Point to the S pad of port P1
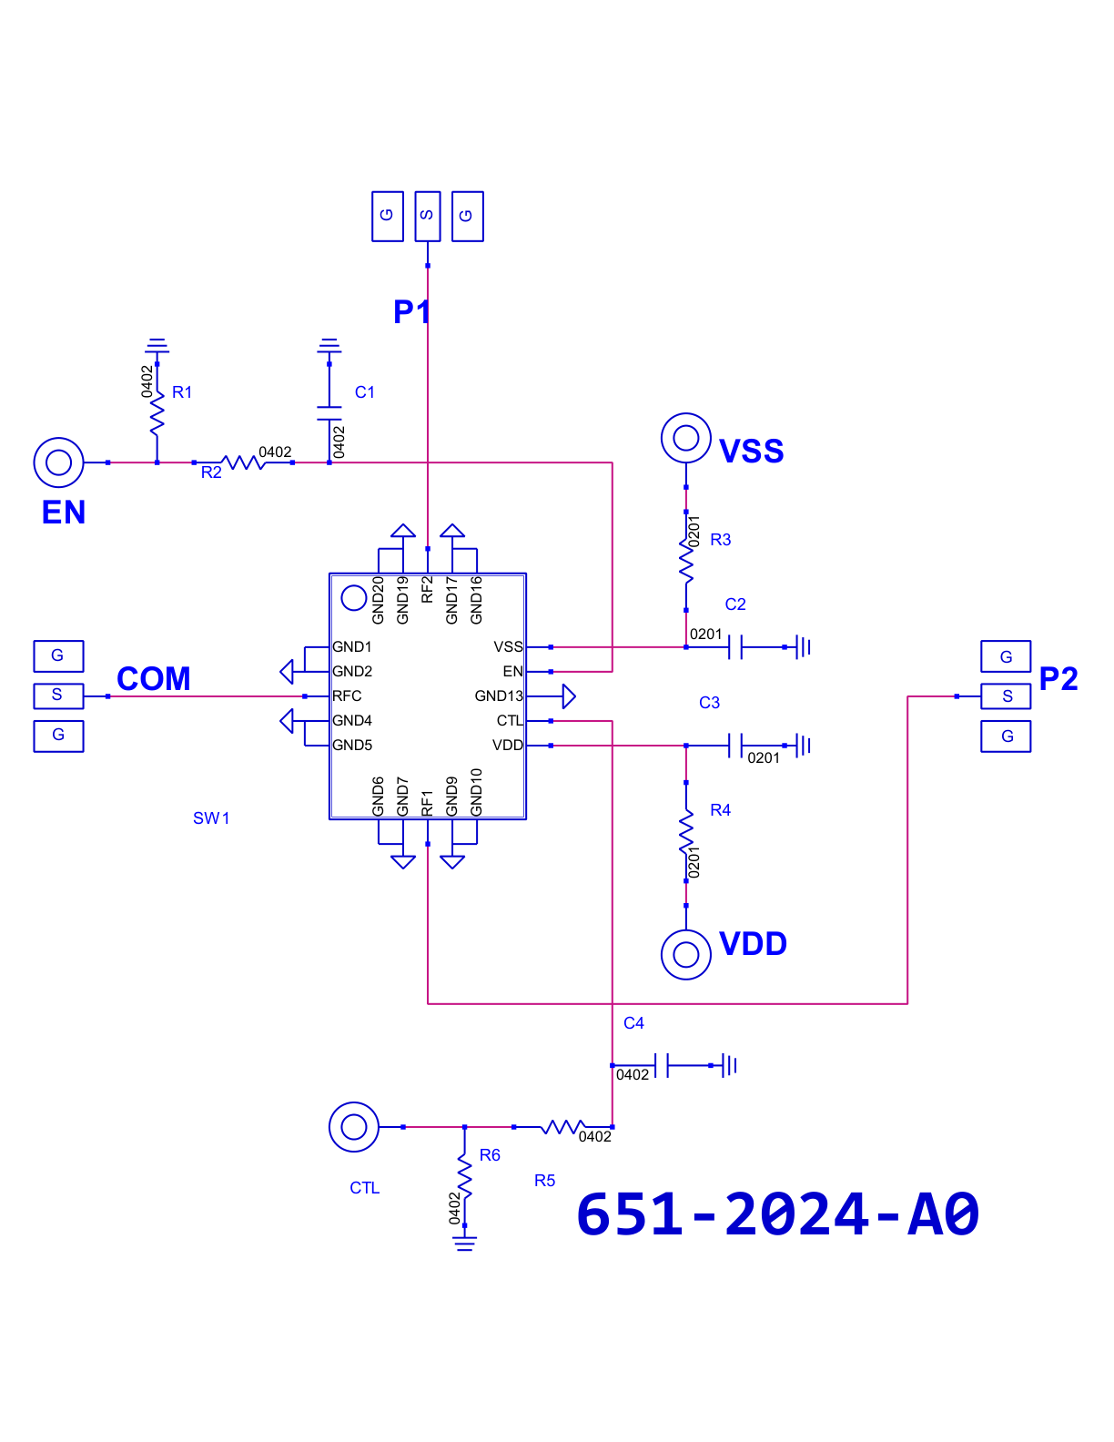[x=427, y=217]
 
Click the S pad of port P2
[x=1006, y=696]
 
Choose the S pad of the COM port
[x=58, y=696]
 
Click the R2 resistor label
[x=211, y=472]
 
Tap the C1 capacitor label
[x=364, y=392]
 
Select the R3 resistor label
[x=721, y=540]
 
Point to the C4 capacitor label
[x=633, y=1022]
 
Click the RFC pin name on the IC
[x=347, y=696]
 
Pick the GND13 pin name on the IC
[x=499, y=696]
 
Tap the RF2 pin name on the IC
[x=427, y=589]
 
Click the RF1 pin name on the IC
[x=427, y=803]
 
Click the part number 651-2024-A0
[x=777, y=1214]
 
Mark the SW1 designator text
[x=211, y=818]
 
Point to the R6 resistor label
[x=490, y=1155]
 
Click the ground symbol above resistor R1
[x=157, y=346]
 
